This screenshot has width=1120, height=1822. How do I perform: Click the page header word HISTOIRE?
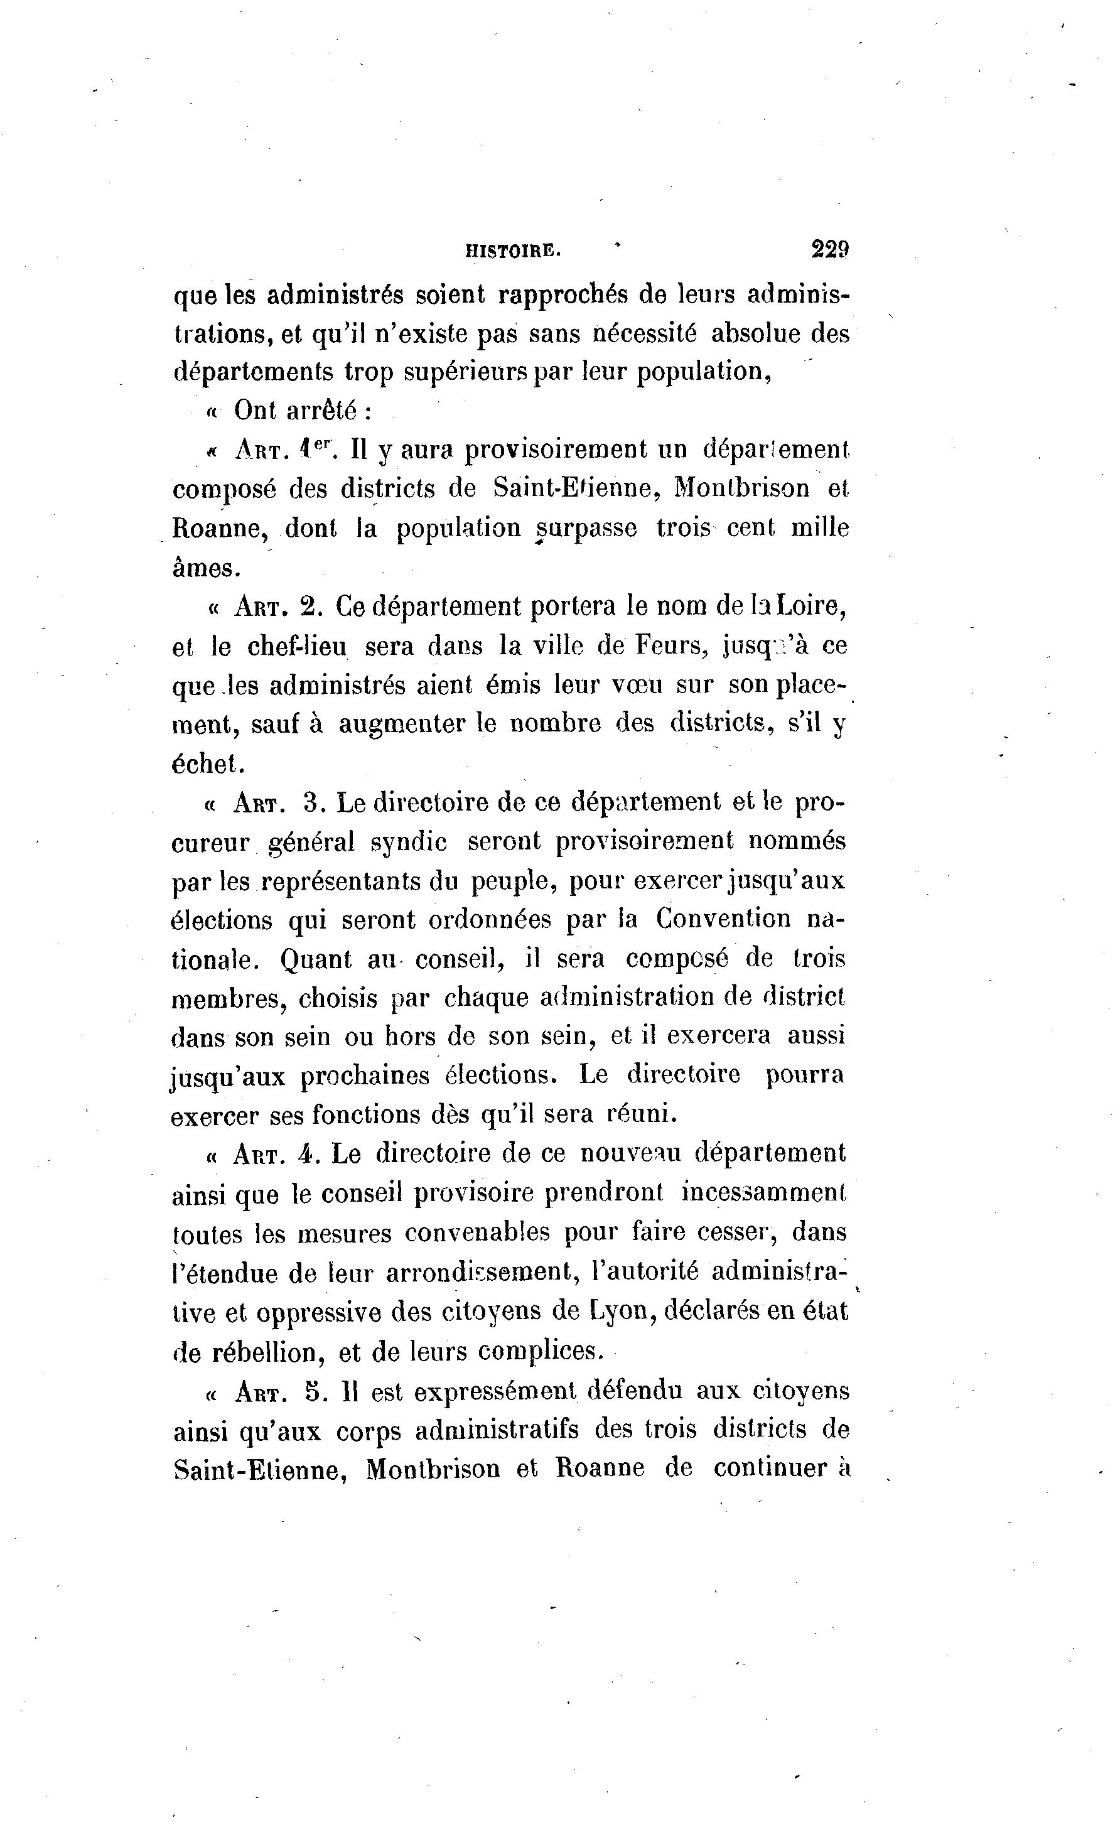tap(512, 251)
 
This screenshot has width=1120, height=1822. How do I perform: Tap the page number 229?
tap(829, 249)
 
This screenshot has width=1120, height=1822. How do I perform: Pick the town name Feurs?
tap(669, 647)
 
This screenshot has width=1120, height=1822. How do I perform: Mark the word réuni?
tap(642, 1113)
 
